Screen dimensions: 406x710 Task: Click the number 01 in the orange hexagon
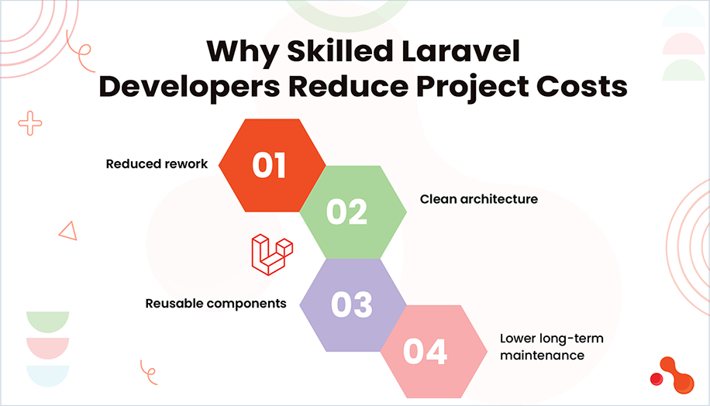pyautogui.click(x=269, y=165)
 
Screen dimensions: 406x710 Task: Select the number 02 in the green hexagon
pyautogui.click(x=346, y=211)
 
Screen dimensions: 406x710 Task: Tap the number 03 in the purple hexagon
pyautogui.click(x=351, y=304)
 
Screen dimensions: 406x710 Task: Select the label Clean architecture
pyautogui.click(x=478, y=199)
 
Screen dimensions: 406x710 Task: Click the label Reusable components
pyautogui.click(x=215, y=303)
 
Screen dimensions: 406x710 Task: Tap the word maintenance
pyautogui.click(x=541, y=356)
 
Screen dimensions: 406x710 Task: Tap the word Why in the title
pyautogui.click(x=240, y=53)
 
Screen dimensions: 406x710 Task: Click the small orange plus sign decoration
pyautogui.click(x=30, y=122)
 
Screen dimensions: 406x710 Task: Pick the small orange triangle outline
pyautogui.click(x=67, y=230)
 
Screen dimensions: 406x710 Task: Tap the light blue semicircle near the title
pyautogui.click(x=683, y=17)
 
